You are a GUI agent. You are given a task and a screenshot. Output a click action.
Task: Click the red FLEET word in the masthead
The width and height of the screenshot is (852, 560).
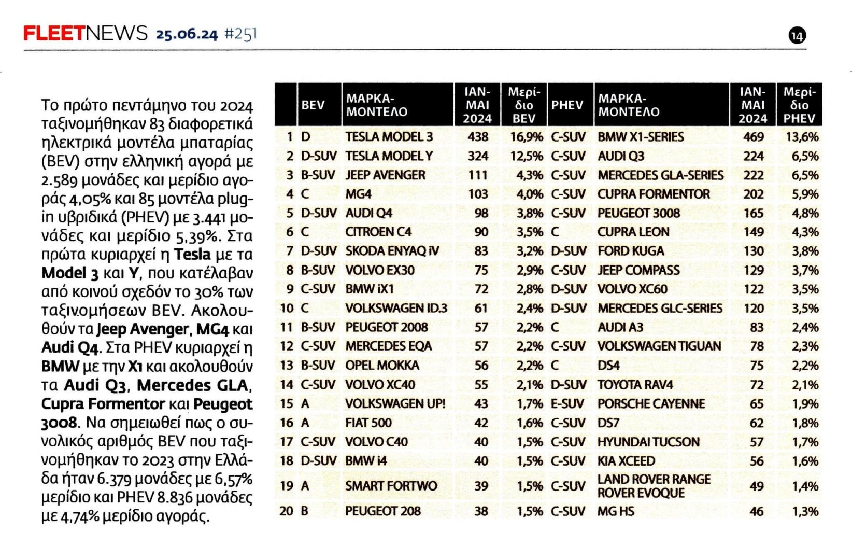(x=53, y=34)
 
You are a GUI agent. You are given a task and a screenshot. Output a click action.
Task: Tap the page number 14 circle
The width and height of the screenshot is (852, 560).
(x=797, y=36)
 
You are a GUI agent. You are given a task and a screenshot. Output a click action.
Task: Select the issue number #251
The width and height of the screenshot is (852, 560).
(x=240, y=34)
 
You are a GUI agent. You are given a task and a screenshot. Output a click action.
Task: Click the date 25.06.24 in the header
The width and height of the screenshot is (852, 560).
(x=187, y=34)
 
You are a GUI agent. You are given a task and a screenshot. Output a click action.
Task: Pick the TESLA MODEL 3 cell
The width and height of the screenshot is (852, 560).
(x=389, y=137)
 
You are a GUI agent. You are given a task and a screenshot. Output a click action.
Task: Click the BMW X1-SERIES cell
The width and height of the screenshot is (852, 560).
(x=641, y=137)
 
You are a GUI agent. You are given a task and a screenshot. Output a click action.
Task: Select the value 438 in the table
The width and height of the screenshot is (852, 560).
(x=477, y=137)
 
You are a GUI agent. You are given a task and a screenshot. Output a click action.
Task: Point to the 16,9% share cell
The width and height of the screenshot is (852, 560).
(x=527, y=137)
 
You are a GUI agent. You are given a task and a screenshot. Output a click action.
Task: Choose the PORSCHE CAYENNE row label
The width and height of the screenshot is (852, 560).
(x=651, y=403)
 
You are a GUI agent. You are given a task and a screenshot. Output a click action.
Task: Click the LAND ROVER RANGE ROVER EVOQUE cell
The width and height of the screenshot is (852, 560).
(x=654, y=486)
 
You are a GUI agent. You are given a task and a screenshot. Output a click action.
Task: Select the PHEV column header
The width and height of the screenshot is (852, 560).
(x=567, y=105)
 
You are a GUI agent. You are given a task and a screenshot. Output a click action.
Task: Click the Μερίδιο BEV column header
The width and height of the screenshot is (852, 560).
(x=524, y=105)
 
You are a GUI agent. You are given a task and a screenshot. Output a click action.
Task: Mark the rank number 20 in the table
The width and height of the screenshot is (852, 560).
(x=287, y=511)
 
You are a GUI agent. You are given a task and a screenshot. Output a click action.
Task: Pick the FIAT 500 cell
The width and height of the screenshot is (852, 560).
(x=368, y=423)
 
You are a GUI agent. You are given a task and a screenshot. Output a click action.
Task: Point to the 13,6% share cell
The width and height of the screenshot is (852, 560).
(x=802, y=137)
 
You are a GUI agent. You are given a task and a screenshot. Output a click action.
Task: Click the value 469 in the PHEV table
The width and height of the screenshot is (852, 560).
(x=753, y=137)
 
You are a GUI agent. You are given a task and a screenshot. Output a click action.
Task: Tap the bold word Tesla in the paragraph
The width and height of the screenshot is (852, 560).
(x=192, y=254)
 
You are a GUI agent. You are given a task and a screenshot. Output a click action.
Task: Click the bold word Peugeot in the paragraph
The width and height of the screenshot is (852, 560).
(x=223, y=404)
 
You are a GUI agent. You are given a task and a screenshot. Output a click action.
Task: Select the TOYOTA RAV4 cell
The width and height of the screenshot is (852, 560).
(x=635, y=385)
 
